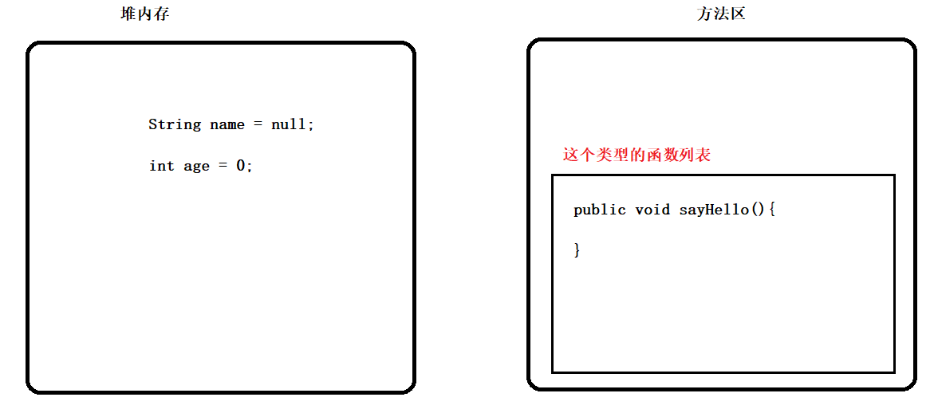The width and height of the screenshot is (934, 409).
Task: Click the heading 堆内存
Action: click(144, 14)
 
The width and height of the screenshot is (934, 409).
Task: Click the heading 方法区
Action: click(720, 14)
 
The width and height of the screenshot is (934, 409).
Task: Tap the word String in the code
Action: click(175, 124)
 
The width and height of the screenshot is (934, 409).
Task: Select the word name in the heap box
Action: click(227, 124)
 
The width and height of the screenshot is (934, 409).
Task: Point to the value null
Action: click(289, 124)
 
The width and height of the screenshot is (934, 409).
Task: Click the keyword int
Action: click(162, 166)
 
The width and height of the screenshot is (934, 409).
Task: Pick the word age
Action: click(196, 166)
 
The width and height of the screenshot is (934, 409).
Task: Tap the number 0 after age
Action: click(240, 166)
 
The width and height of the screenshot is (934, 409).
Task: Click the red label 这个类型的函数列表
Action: click(636, 155)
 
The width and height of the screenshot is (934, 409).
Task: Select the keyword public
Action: click(600, 210)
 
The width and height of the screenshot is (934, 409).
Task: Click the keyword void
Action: click(652, 210)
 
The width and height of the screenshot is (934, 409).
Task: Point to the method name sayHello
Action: click(714, 210)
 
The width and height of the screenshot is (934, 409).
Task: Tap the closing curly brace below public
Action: click(577, 250)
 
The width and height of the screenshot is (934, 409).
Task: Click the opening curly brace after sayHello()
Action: click(771, 210)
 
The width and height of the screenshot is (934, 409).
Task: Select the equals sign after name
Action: click(258, 124)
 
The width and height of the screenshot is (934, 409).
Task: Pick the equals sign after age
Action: click(223, 166)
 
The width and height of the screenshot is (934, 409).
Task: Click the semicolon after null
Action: click(311, 125)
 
